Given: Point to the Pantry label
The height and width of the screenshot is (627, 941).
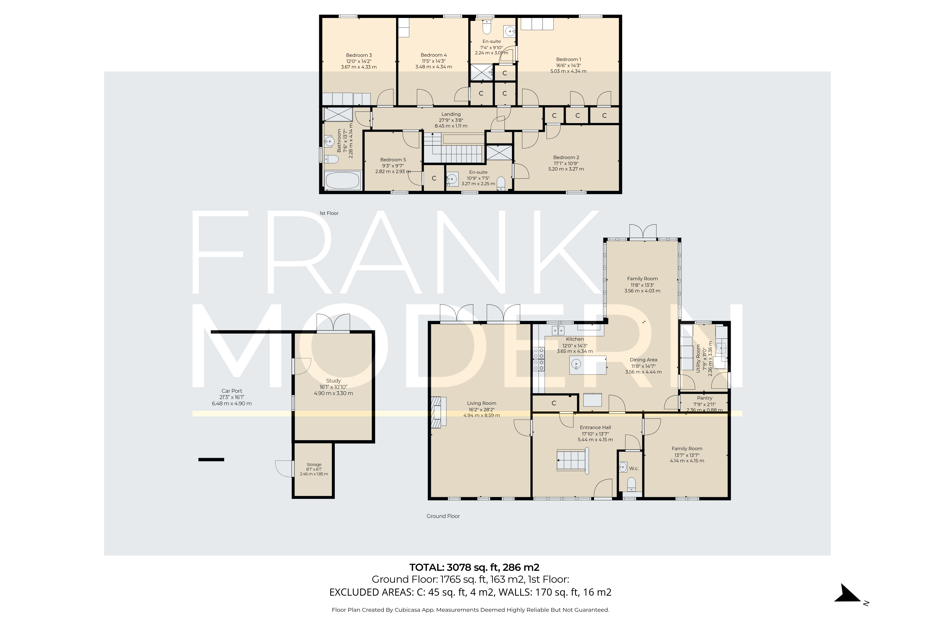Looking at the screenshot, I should point(704,398).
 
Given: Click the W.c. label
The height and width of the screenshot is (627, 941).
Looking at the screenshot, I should point(634,468).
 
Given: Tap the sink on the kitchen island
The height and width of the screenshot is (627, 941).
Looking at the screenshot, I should point(576,364).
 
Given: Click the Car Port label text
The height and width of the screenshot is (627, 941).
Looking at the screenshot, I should point(232,391).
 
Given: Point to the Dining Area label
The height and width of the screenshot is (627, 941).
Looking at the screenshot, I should point(643,360).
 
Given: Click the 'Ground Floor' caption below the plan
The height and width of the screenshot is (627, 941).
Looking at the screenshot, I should point(443,516).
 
